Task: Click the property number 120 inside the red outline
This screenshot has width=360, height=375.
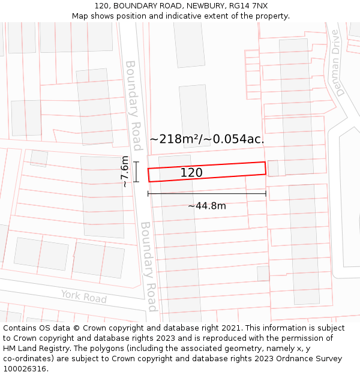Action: click(191, 173)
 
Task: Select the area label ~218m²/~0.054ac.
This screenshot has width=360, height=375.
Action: click(207, 139)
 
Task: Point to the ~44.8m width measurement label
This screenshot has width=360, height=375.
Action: click(207, 206)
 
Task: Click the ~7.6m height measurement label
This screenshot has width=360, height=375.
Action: click(124, 172)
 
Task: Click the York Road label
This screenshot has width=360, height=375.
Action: click(83, 296)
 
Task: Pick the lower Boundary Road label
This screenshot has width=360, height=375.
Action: click(149, 266)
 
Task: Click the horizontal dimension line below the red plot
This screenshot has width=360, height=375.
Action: click(207, 193)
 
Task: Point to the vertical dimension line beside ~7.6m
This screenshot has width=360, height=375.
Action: click(137, 172)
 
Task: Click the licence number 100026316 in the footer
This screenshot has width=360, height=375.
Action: click(24, 368)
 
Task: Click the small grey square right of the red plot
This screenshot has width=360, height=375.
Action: click(273, 169)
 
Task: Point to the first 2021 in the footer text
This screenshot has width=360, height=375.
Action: click(230, 328)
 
